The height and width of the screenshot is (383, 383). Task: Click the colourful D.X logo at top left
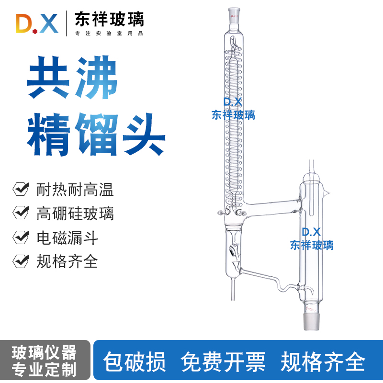(x=37, y=23)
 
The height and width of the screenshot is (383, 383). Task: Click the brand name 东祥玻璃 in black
(x=109, y=19)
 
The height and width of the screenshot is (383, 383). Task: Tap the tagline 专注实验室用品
(x=109, y=34)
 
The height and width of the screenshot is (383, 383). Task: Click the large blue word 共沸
(x=72, y=80)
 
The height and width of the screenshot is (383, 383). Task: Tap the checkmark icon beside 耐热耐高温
(x=21, y=189)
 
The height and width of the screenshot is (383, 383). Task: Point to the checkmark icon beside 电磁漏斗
(x=21, y=237)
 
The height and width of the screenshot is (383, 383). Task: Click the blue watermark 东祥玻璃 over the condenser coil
(x=233, y=115)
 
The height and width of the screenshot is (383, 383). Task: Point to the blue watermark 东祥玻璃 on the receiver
(x=312, y=245)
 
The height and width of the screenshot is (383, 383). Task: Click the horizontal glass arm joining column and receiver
(x=273, y=206)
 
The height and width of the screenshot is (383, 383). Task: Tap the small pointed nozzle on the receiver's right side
(x=327, y=193)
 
